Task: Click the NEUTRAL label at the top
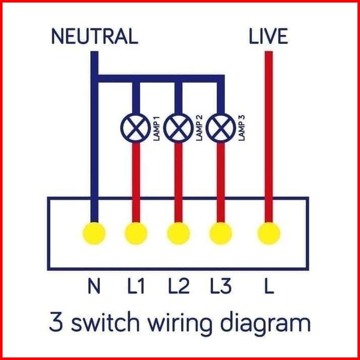(94, 37)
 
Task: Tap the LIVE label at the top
(268, 37)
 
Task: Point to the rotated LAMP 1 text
(156, 129)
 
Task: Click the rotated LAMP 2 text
(199, 129)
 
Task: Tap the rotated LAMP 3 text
(241, 129)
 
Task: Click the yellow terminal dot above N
(94, 234)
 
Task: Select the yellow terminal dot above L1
(135, 234)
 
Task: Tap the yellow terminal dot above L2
(178, 234)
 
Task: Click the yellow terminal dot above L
(268, 234)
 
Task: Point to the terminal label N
(94, 287)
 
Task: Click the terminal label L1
(135, 287)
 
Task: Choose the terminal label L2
(178, 287)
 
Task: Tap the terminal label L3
(221, 287)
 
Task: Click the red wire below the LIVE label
(268, 127)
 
